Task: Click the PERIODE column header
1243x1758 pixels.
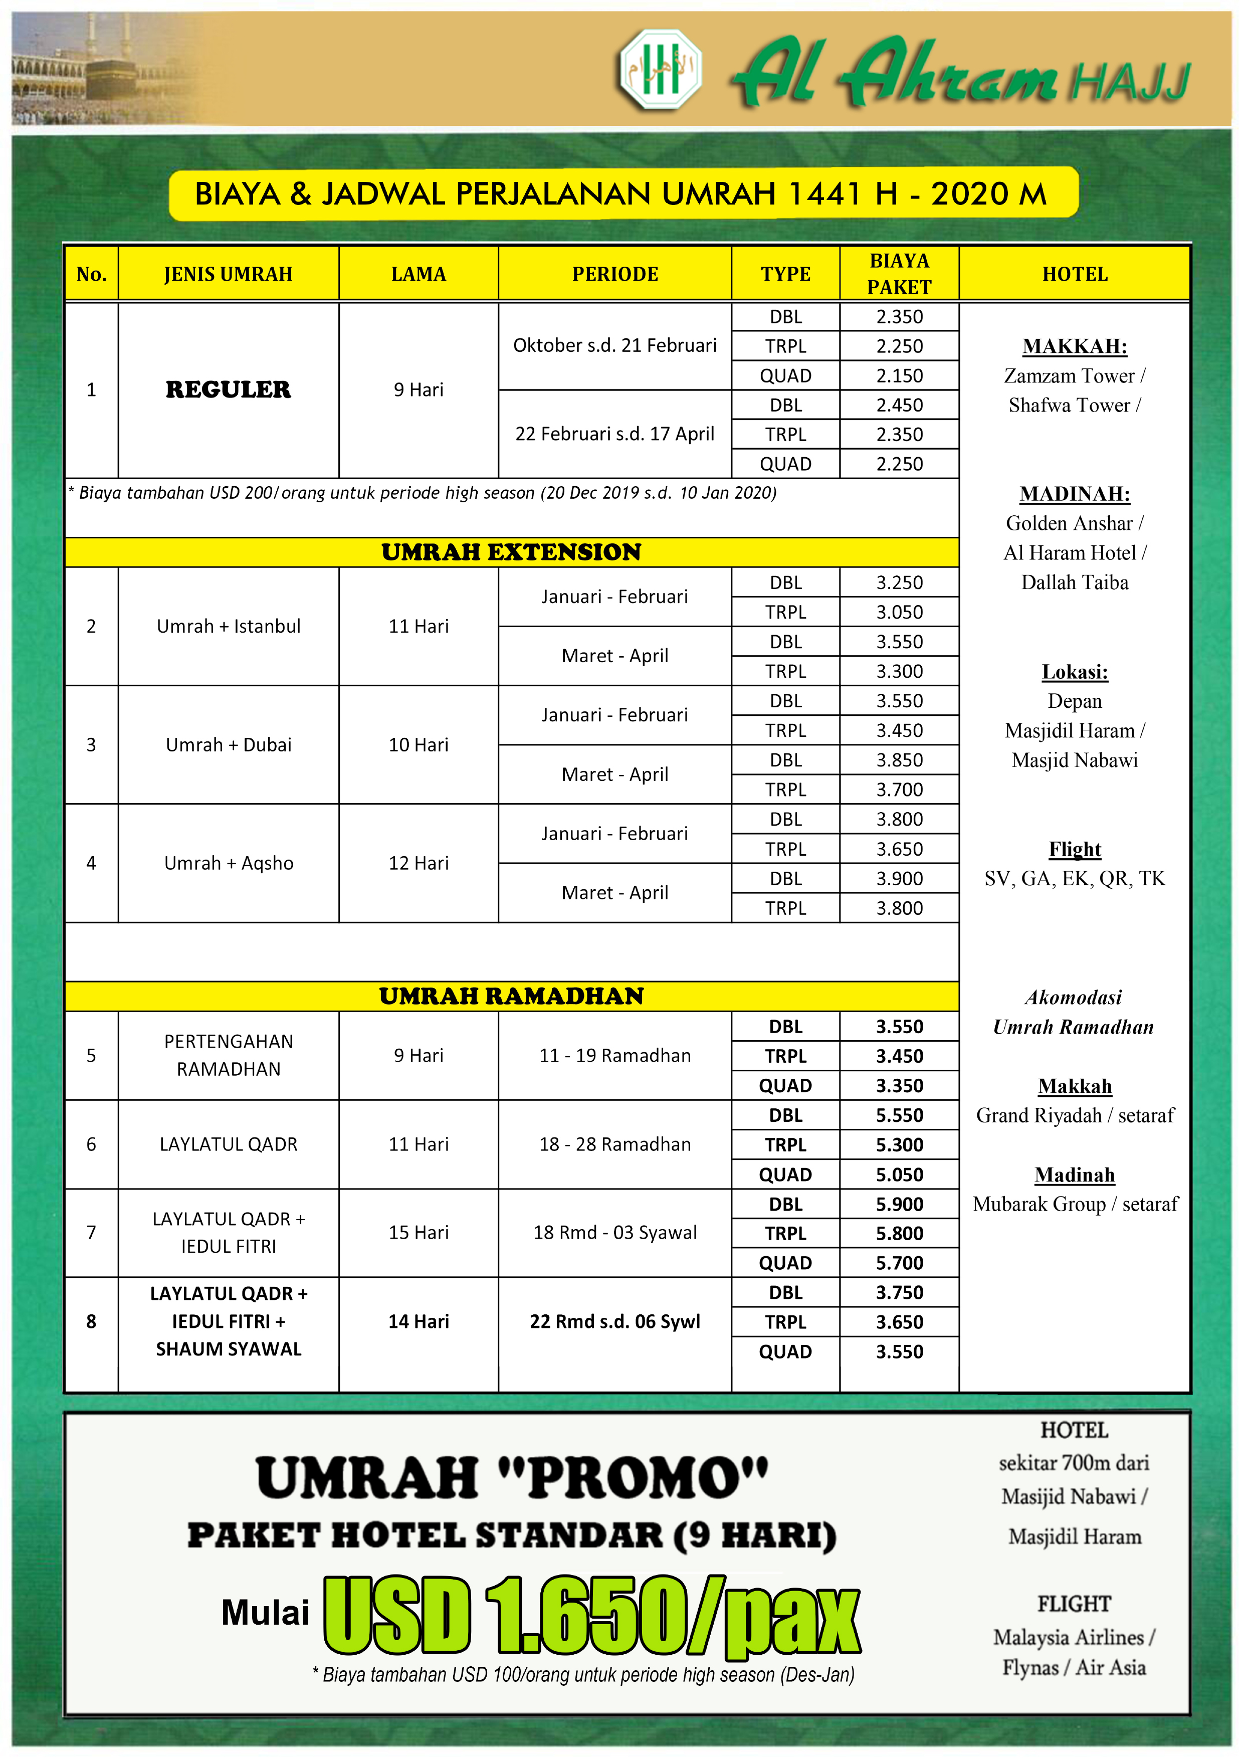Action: coord(614,274)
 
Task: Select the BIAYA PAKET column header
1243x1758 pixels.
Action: coord(899,274)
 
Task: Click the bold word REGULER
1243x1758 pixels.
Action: coord(228,389)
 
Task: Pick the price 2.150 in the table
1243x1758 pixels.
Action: coord(899,376)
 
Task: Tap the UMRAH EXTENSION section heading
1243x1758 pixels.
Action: coord(511,552)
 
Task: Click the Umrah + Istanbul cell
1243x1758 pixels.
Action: coord(228,626)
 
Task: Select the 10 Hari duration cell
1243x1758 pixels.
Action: coord(418,745)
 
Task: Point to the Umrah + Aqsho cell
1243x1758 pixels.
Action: coord(228,863)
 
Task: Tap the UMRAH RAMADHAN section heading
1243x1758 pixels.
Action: coord(511,996)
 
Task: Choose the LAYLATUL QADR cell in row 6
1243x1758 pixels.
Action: coord(228,1144)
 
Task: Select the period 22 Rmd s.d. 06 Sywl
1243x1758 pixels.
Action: coord(614,1321)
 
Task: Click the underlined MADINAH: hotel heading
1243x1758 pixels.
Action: coord(1075,494)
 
